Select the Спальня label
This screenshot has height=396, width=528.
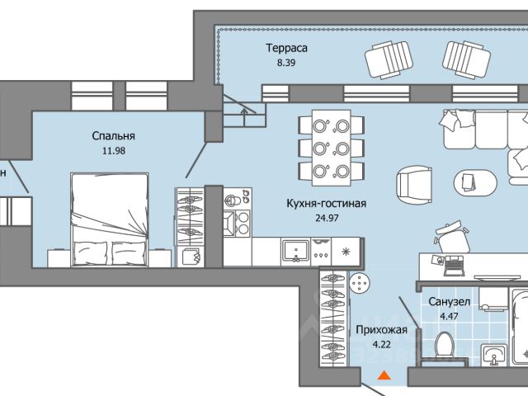[x=114, y=136]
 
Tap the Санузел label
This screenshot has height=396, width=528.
[x=449, y=302]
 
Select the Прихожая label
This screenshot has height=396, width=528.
[x=381, y=330]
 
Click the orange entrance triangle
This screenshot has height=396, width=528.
[x=383, y=376]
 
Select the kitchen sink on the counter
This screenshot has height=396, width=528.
[x=295, y=250]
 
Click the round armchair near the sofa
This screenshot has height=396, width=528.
[x=413, y=185]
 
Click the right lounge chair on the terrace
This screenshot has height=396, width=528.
[x=467, y=57]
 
